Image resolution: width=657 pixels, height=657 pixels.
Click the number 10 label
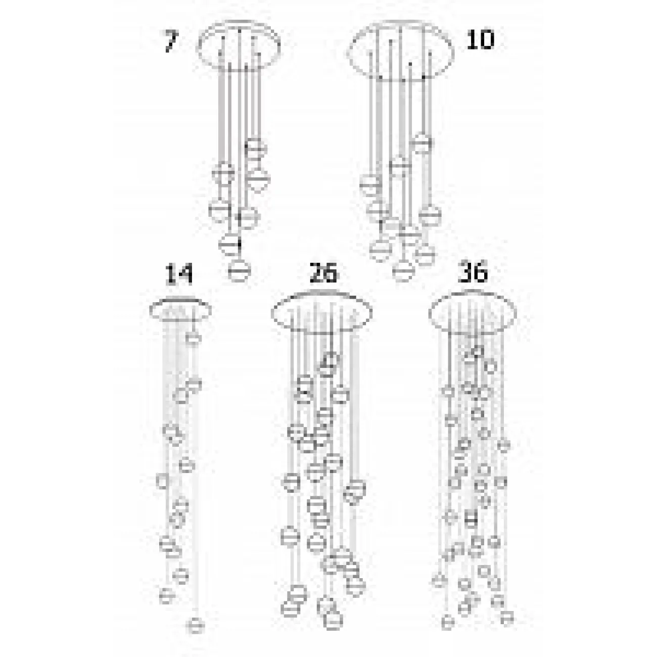click(x=480, y=39)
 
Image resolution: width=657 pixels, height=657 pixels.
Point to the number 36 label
click(x=473, y=273)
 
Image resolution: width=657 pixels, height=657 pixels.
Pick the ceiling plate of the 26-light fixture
click(x=322, y=313)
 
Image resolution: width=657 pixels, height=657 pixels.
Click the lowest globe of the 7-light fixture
click(x=239, y=270)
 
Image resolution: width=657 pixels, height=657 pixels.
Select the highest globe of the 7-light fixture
click(x=255, y=148)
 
